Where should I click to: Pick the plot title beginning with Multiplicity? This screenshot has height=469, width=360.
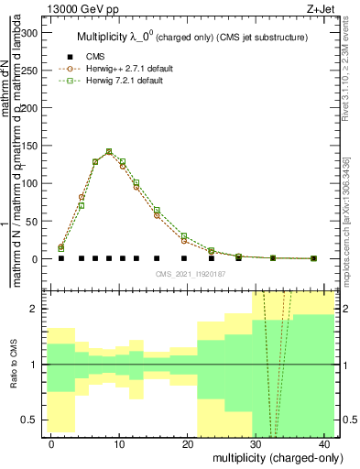pyautogui.click(x=183, y=37)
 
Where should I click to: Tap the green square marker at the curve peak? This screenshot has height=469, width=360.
pyautogui.click(x=109, y=151)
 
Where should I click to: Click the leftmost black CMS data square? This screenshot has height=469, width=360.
pyautogui.click(x=61, y=258)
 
